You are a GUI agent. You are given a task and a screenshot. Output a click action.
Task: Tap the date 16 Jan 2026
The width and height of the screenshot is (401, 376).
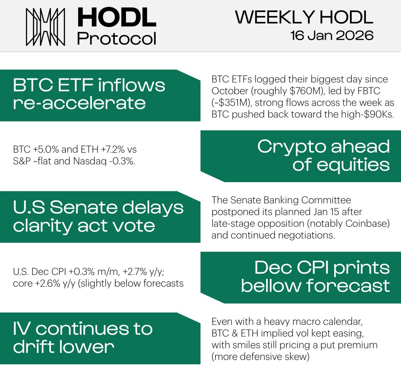tap(332, 36)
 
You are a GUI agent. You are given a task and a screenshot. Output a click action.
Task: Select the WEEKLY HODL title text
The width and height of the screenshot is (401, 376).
tap(304, 17)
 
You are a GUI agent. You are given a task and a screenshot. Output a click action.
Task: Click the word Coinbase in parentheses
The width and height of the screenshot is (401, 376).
tap(368, 224)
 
